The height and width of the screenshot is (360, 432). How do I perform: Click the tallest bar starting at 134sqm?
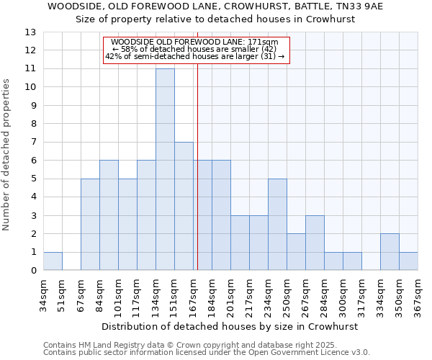tap(165, 169)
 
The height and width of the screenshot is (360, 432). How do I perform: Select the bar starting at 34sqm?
tap(53, 261)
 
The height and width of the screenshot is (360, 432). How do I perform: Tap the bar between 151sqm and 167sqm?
tap(184, 206)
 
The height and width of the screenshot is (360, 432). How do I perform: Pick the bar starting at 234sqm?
tap(277, 225)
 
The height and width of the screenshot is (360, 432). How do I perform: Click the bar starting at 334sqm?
tap(390, 252)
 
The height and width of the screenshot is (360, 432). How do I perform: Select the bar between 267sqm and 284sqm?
tap(315, 243)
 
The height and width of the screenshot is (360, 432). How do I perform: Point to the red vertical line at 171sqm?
tap(197, 166)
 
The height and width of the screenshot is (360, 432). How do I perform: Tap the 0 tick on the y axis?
tap(33, 271)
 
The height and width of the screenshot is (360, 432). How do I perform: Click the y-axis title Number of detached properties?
tap(8, 155)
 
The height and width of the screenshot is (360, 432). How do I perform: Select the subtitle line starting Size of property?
tap(216, 19)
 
